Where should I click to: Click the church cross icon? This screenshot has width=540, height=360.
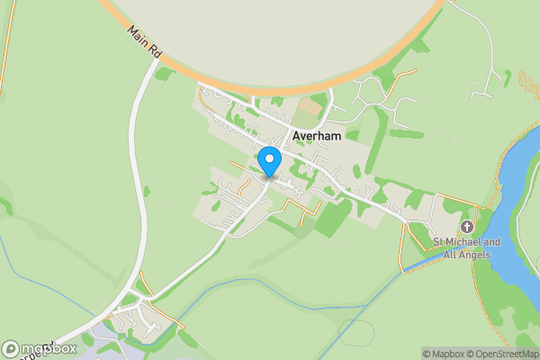466,226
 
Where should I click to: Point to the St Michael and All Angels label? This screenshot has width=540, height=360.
466,247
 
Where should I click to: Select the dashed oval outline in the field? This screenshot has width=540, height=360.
357,333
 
